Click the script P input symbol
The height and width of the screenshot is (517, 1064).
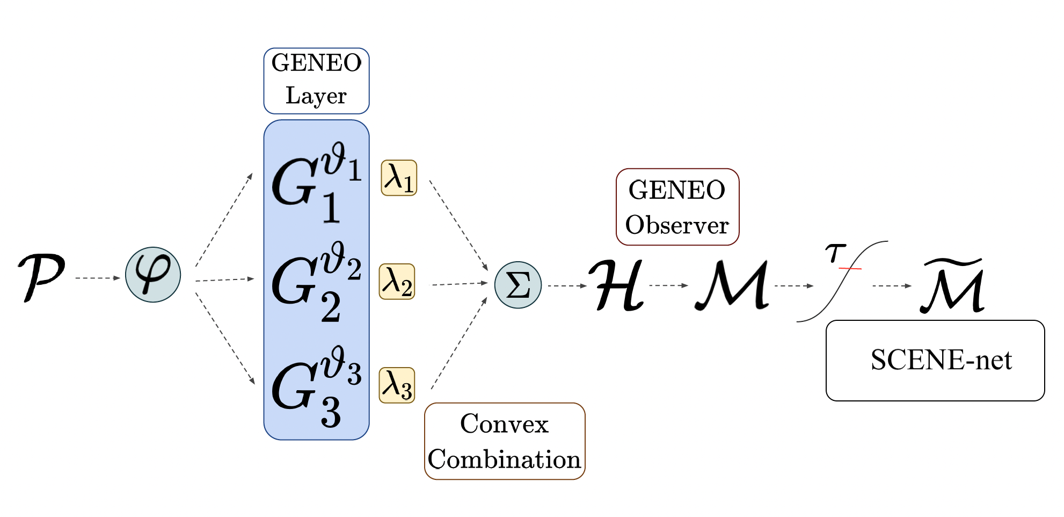41,276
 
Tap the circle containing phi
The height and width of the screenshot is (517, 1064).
153,275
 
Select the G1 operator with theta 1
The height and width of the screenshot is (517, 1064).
316,183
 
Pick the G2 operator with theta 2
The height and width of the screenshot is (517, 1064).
316,282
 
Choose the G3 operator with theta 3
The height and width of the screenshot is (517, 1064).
316,386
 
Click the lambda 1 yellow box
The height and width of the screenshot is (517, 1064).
399,178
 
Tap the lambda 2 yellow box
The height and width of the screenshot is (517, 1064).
397,282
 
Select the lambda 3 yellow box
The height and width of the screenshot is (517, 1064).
397,385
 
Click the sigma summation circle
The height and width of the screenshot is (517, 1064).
518,285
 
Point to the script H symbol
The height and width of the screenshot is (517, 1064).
617,285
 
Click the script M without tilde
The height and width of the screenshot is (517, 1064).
733,285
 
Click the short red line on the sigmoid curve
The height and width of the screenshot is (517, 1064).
850,268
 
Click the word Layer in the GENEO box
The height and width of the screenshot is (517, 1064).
316,96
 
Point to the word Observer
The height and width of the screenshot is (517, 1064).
677,225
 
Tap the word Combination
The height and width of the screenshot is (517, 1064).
504,459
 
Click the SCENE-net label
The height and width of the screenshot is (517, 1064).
941,360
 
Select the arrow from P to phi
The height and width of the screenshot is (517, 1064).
98,278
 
